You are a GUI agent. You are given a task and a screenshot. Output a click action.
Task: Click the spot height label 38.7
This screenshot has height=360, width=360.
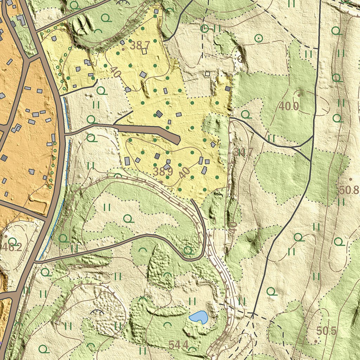pyautogui.click(x=140, y=45)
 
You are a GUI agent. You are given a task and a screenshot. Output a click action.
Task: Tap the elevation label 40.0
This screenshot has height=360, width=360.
pyautogui.click(x=289, y=106)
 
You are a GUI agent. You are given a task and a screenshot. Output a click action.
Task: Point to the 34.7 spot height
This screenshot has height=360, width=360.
pyautogui.click(x=243, y=152)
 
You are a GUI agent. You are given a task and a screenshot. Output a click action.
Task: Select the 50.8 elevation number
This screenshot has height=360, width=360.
pyautogui.click(x=349, y=191)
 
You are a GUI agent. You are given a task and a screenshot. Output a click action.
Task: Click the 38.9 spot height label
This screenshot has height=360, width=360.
pyautogui.click(x=163, y=172)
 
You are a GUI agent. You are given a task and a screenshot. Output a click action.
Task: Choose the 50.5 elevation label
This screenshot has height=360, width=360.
pyautogui.click(x=326, y=331)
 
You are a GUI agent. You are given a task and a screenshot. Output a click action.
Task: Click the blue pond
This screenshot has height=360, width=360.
pyautogui.click(x=198, y=317)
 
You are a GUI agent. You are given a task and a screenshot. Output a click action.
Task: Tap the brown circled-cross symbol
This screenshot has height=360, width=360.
pyautogui.click(x=240, y=59)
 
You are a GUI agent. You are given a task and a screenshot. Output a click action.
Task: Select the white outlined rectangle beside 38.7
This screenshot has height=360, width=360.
pyautogui.click(x=144, y=51)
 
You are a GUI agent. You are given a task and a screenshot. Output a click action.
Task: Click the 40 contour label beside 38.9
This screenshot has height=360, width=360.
pyautogui.click(x=184, y=173)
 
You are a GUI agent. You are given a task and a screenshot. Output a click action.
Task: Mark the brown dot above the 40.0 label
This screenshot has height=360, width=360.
pyautogui.click(x=299, y=95)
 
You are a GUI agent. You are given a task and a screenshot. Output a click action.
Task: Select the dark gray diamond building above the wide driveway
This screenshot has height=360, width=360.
pyautogui.click(x=159, y=114)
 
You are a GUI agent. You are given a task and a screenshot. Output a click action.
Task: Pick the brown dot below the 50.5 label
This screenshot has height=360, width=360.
pyautogui.click(x=315, y=341)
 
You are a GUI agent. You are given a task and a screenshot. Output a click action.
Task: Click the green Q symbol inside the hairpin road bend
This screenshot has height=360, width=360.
pyautogui.click(x=188, y=250)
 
